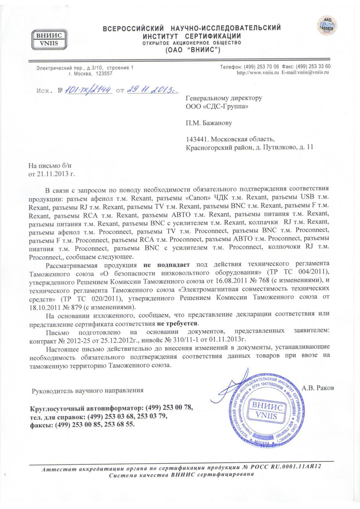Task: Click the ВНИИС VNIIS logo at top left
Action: click(x=48, y=40)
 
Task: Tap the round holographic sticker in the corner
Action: click(x=327, y=25)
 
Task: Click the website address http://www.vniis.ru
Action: click(x=258, y=72)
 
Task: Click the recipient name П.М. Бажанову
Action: click(x=209, y=123)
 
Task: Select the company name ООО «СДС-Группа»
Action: click(x=217, y=107)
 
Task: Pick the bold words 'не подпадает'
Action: click(x=167, y=265)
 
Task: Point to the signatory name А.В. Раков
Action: click(x=318, y=388)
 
